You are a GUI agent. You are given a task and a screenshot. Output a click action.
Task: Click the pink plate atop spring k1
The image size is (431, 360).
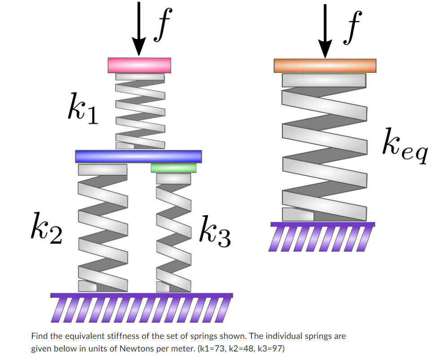point(139,65)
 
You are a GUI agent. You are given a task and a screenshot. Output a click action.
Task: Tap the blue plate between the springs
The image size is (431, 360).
point(138,156)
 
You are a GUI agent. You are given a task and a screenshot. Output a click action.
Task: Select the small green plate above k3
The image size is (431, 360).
point(174,168)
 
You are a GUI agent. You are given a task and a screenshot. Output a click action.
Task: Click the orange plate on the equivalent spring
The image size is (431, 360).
point(325,66)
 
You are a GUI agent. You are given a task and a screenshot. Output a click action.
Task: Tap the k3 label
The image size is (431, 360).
point(215,233)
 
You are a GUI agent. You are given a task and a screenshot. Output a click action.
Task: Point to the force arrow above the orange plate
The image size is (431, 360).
point(325,29)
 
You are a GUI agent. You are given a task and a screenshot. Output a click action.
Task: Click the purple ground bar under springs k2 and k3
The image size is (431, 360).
point(141,295)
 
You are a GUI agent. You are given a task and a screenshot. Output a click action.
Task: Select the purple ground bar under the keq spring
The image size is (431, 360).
point(322,224)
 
